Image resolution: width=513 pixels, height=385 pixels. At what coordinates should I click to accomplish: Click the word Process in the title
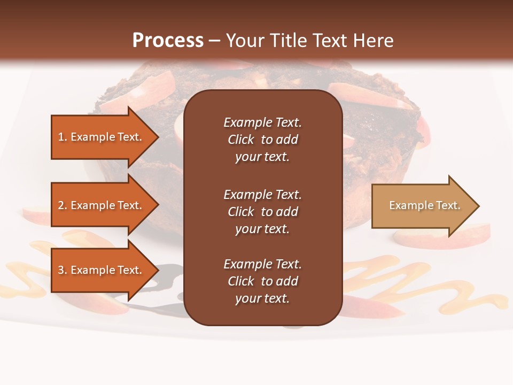(168, 41)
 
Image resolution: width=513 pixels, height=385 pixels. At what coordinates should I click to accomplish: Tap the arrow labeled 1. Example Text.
(102, 137)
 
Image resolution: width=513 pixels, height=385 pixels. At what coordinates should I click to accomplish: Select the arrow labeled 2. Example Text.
(102, 205)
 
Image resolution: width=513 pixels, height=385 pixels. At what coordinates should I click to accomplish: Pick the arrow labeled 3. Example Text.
(102, 270)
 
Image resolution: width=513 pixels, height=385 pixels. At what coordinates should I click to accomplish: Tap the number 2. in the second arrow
(63, 205)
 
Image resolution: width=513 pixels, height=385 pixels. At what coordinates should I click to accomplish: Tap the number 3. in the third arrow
(63, 270)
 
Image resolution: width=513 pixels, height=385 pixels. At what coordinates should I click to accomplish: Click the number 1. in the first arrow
(63, 137)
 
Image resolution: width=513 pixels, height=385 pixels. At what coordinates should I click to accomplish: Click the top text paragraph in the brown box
(262, 140)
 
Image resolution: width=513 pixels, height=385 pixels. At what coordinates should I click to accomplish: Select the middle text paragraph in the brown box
(262, 212)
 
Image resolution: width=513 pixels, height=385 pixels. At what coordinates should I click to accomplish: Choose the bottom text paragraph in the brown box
(262, 281)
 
